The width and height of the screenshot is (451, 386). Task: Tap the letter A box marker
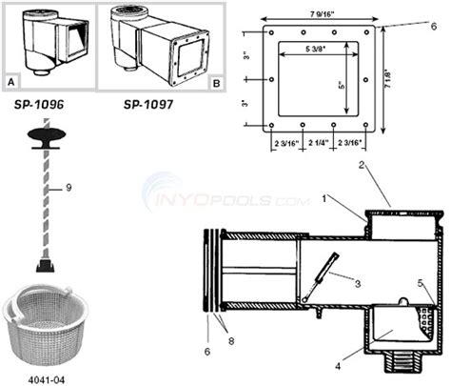pyautogui.click(x=11, y=83)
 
